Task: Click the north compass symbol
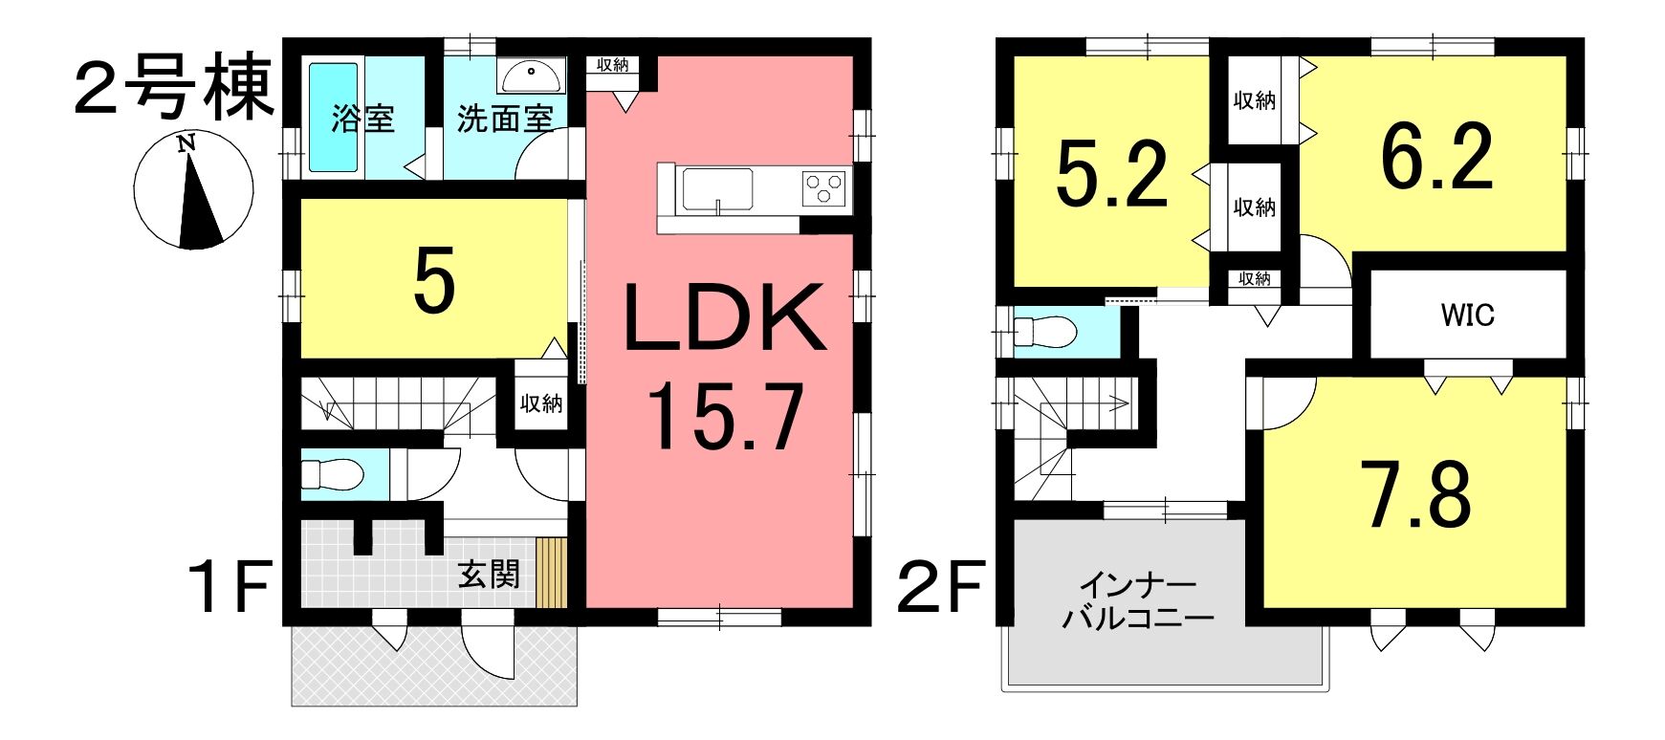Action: pos(193,192)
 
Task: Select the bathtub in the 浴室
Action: pos(333,118)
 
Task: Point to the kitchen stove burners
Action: pos(824,186)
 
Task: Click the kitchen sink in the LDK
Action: pos(715,190)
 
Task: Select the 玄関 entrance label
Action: pos(489,575)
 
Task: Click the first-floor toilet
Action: pos(332,474)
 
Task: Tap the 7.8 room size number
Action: pos(1418,494)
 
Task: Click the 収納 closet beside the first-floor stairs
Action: pos(541,403)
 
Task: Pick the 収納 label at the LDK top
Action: pos(613,65)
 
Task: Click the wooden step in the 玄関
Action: pos(552,573)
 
